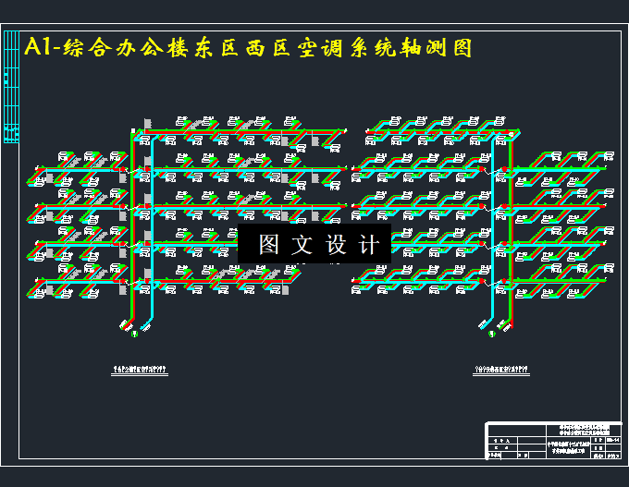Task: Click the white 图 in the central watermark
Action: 268,245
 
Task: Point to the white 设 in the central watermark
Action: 337,245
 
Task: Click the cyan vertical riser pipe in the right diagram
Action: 493,231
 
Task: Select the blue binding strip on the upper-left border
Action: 11,88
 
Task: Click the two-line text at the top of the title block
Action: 586,431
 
